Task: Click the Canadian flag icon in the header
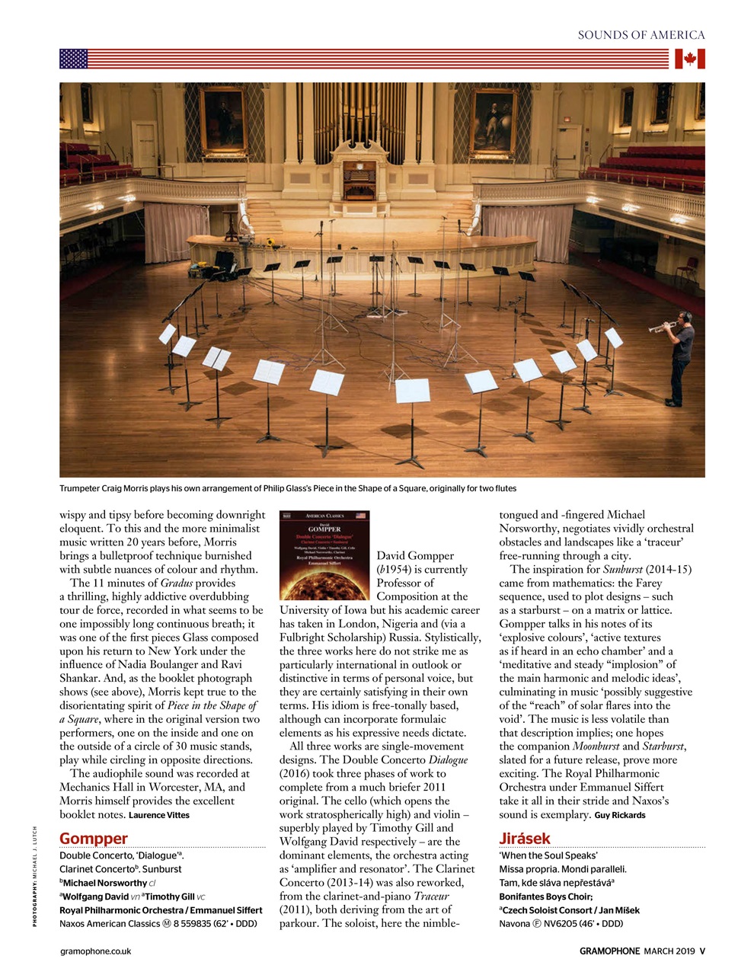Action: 689,59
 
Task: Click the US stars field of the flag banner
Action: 74,59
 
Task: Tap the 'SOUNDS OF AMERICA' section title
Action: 641,34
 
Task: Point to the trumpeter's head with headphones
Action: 684,318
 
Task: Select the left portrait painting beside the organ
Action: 222,120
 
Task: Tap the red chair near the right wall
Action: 688,268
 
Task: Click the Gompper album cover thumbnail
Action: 324,555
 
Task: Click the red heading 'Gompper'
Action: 94,839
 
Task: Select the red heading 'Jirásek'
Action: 525,839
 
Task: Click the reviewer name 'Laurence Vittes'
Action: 159,815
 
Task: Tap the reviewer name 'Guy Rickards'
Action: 620,815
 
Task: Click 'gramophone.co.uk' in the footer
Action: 95,951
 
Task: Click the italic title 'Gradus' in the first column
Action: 177,583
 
